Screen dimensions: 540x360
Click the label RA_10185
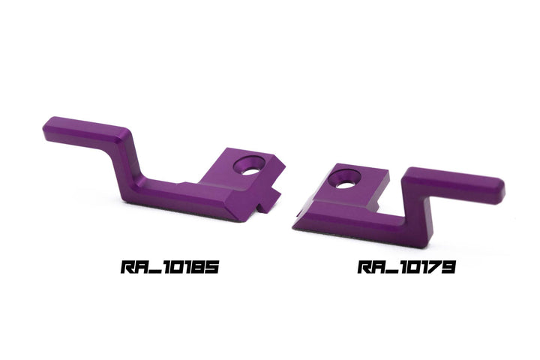tap(169, 267)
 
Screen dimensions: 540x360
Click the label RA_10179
tap(406, 267)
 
